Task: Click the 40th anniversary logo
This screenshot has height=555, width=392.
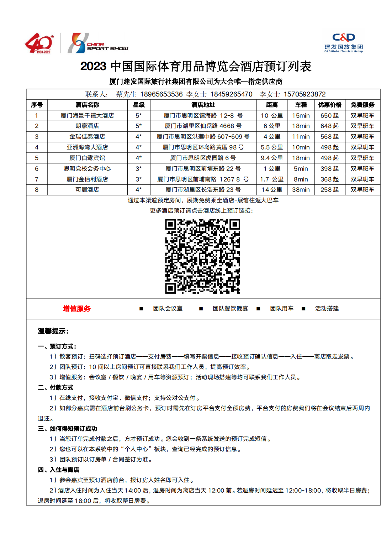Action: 39,43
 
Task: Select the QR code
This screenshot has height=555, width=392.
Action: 202,256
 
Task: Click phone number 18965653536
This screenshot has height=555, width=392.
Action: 161,94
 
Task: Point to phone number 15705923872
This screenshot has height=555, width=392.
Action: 304,94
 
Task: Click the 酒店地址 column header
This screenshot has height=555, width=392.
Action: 203,105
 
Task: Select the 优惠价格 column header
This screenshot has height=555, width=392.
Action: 329,105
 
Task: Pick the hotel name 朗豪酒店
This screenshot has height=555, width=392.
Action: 87,126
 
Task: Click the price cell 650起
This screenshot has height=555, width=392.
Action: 329,116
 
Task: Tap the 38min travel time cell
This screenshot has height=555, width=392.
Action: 301,190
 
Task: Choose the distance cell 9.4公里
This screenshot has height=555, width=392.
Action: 272,158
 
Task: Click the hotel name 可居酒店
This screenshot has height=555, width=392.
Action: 87,190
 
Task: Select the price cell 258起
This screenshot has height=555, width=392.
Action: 329,190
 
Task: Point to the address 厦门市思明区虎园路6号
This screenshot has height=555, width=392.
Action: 203,158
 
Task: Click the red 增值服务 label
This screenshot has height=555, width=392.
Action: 77,309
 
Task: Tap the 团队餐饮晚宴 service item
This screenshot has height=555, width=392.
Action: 230,309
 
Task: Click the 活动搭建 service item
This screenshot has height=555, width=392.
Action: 327,309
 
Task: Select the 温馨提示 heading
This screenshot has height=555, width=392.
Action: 53,331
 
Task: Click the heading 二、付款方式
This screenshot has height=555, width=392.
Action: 55,388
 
